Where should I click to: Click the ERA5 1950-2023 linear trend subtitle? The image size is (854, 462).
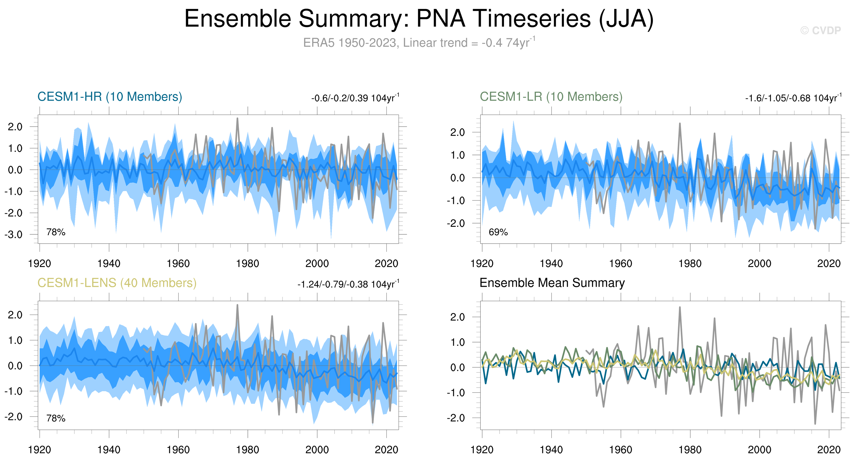coord(419,43)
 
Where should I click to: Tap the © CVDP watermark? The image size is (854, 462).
coord(820,30)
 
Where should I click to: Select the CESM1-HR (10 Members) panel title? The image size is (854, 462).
coord(110,97)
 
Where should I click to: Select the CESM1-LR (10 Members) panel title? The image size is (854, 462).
coord(551,97)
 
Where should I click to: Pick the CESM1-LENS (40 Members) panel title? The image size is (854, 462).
coord(117,283)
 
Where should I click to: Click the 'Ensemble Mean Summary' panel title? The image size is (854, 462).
coord(552,283)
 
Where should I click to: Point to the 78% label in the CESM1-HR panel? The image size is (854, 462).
coord(56,232)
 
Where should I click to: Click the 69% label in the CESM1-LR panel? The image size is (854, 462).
coord(498,232)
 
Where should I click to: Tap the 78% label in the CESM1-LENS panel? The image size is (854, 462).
coord(56,418)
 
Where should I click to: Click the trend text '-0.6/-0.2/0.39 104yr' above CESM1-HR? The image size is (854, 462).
coord(355,98)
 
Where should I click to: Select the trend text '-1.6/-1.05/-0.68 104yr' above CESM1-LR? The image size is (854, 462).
coord(793,98)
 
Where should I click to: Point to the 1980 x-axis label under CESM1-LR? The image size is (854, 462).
coord(690,264)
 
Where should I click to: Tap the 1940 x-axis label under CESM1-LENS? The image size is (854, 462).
coord(109,450)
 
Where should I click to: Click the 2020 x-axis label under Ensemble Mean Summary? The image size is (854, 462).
coord(829,450)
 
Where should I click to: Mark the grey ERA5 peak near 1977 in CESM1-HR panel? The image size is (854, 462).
coord(237,118)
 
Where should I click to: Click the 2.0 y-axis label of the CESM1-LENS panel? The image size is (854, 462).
coord(15,315)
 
